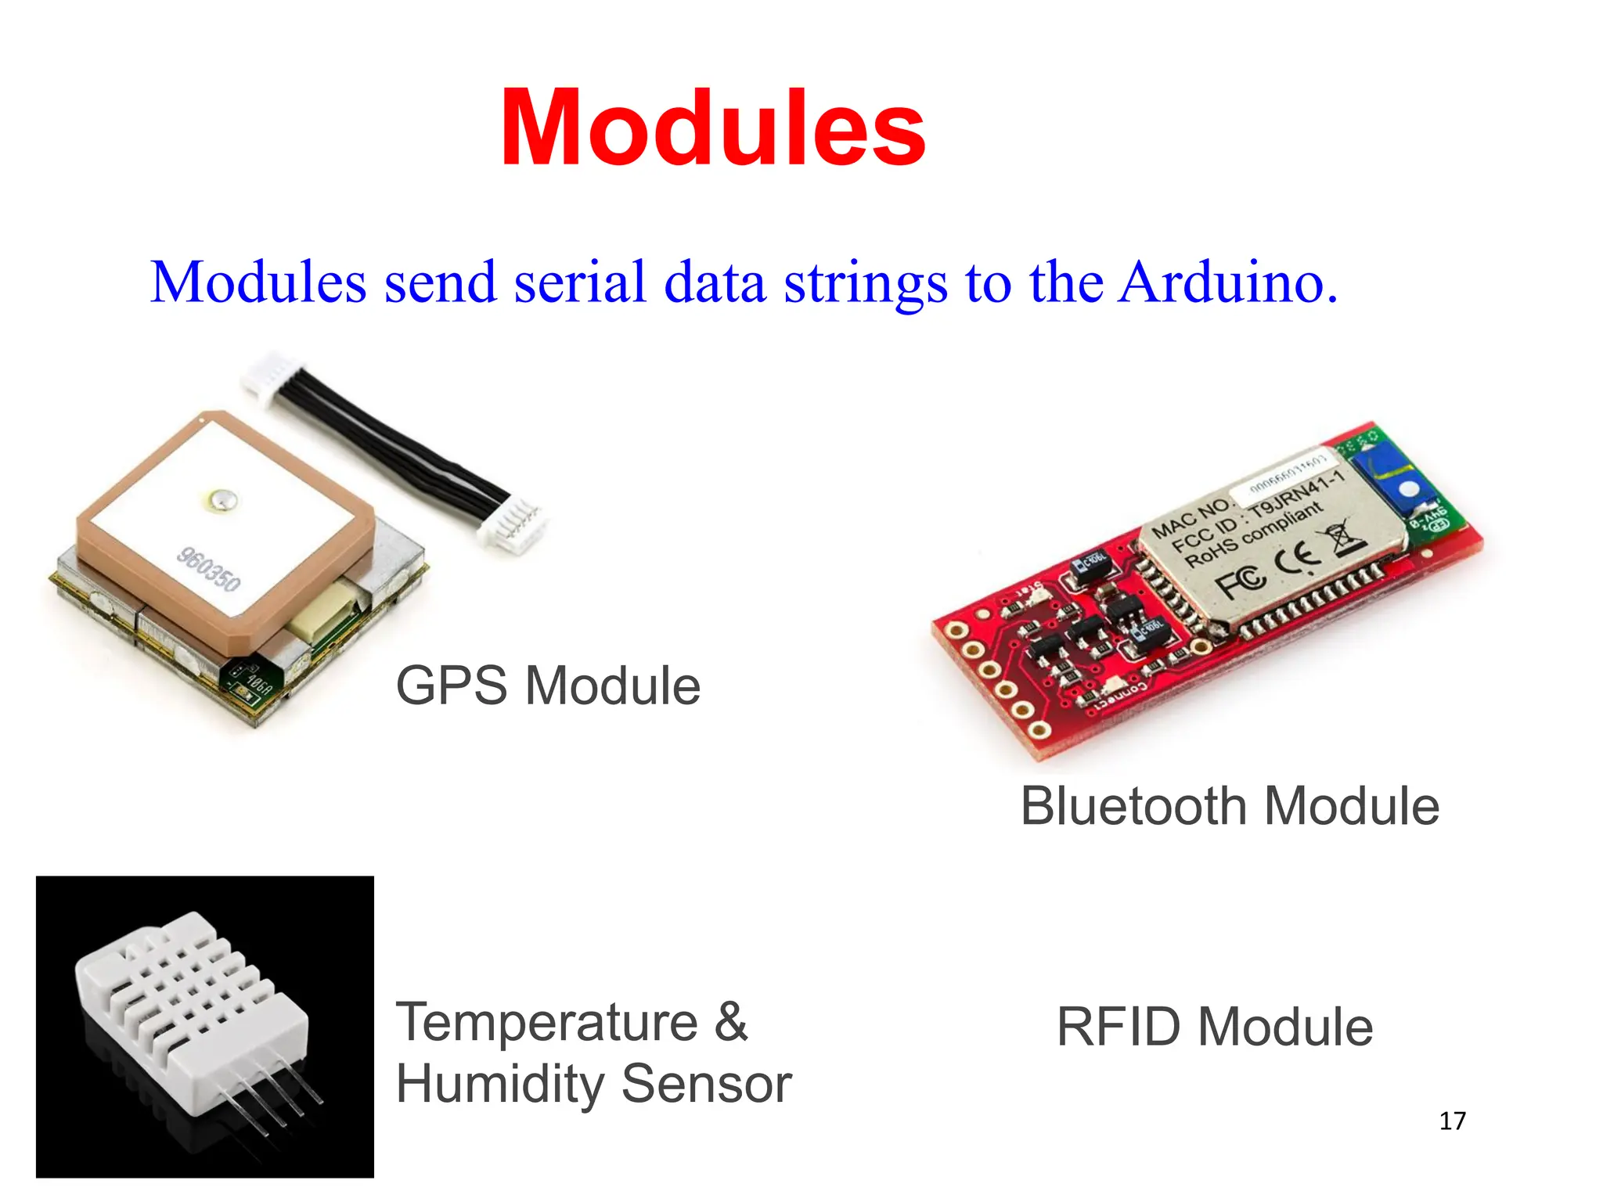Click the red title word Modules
712,129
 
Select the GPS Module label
548,686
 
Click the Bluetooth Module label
1230,807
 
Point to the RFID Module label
1214,1027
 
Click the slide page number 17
1452,1121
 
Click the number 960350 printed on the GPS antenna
208,569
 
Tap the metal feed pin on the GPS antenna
222,499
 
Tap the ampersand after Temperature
731,1022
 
